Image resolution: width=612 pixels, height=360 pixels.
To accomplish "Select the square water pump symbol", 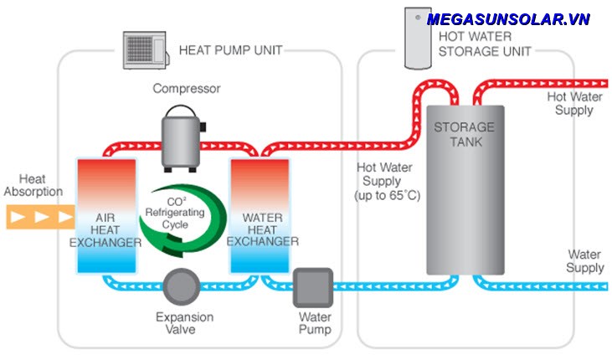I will tap(312, 287).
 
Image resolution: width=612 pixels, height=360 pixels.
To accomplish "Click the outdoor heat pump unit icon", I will tap(146, 50).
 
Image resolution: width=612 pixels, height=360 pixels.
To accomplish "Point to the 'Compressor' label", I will tap(186, 88).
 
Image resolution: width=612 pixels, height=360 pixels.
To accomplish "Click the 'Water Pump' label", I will tap(315, 323).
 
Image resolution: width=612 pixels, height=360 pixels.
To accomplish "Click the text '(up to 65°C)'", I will tap(388, 195).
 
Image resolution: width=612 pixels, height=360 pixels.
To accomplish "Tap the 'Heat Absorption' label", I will tap(33, 185).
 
